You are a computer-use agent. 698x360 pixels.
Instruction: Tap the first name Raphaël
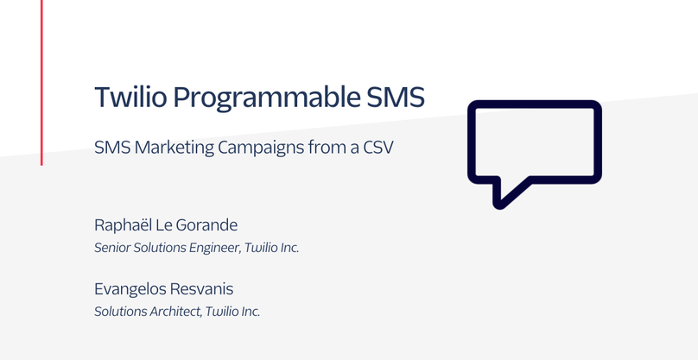point(122,225)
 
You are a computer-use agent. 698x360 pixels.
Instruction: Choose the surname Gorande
point(206,225)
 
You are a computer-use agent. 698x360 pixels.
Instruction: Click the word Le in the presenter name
point(163,225)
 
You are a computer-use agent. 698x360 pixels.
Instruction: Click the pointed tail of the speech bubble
point(499,205)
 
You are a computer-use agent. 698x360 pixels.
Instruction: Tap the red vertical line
point(41,83)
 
